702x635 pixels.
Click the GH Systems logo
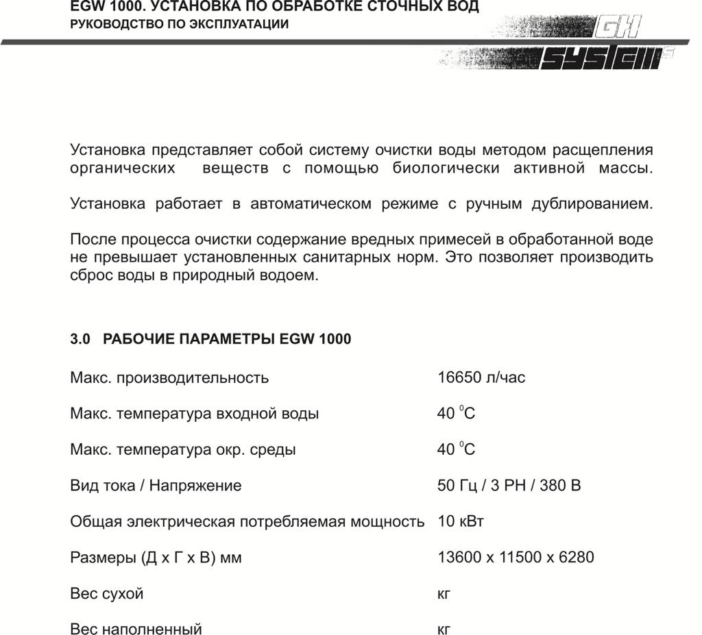(x=603, y=45)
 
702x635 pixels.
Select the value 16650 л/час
(x=481, y=377)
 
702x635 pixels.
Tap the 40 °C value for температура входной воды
(x=456, y=414)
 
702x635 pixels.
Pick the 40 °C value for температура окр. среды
(x=456, y=450)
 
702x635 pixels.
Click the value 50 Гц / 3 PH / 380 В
(x=509, y=486)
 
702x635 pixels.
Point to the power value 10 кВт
(x=461, y=521)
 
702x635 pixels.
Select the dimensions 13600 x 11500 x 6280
(x=516, y=558)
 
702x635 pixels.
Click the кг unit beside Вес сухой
(x=444, y=593)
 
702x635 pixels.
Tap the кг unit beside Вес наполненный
(x=444, y=629)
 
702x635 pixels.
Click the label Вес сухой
(x=107, y=593)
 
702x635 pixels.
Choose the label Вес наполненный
(x=136, y=629)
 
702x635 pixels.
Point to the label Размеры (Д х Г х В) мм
(x=156, y=558)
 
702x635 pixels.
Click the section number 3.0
(x=80, y=339)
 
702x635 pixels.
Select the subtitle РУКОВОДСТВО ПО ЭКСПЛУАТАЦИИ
(x=180, y=24)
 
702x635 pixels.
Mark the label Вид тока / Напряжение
(x=156, y=486)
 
